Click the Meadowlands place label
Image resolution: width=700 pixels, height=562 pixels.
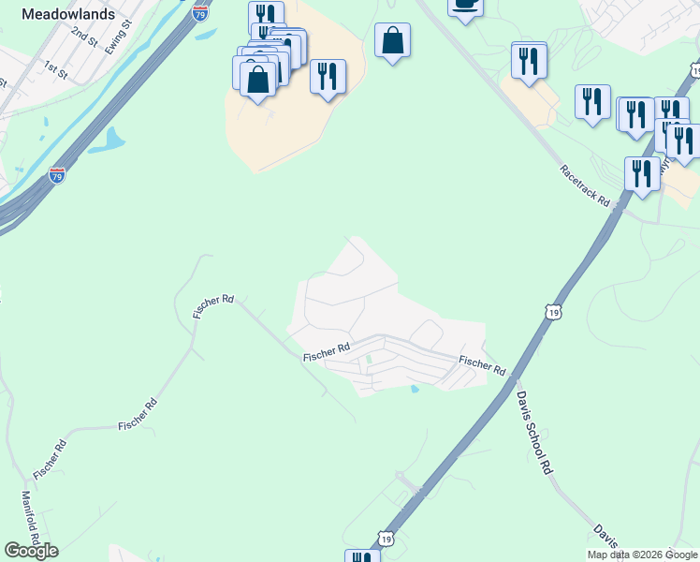67,15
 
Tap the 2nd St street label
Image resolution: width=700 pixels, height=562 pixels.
84,37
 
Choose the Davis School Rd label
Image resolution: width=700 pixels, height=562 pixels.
533,432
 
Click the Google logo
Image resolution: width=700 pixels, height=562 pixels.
31,551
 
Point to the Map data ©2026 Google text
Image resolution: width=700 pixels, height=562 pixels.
642,555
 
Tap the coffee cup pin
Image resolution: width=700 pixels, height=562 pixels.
464,6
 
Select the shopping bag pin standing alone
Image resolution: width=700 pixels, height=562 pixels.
392,41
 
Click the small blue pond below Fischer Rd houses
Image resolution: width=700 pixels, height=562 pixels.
414,389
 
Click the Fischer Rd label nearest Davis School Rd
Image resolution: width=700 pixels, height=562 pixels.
482,365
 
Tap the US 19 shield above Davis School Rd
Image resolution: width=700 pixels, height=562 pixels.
553,310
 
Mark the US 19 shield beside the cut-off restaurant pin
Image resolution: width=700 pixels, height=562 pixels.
385,540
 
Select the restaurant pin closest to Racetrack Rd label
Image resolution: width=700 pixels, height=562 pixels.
641,174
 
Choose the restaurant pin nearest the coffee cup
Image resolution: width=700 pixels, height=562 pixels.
529,62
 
